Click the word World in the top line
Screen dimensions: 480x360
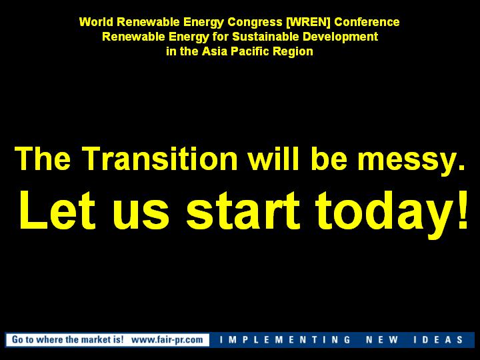(x=96, y=22)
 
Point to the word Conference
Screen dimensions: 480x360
(x=367, y=22)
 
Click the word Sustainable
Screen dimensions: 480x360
(x=265, y=37)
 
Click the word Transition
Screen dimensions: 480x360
(x=159, y=158)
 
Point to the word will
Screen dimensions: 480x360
(x=273, y=158)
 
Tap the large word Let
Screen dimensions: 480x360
(x=57, y=210)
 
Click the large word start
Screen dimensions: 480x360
(x=243, y=211)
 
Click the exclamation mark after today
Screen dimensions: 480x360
(x=462, y=210)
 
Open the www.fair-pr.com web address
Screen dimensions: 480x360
(x=167, y=340)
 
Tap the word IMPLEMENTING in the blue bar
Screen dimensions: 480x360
(x=285, y=340)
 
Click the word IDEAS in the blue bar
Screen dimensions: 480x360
(x=438, y=340)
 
